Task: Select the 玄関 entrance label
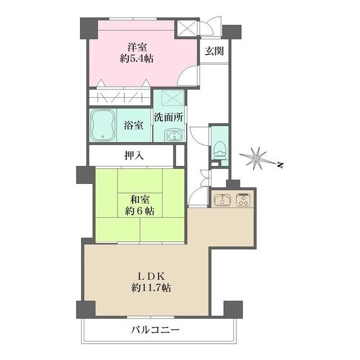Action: (214, 51)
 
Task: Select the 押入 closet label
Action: (133, 156)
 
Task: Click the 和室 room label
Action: (141, 199)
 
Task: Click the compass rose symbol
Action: (256, 158)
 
